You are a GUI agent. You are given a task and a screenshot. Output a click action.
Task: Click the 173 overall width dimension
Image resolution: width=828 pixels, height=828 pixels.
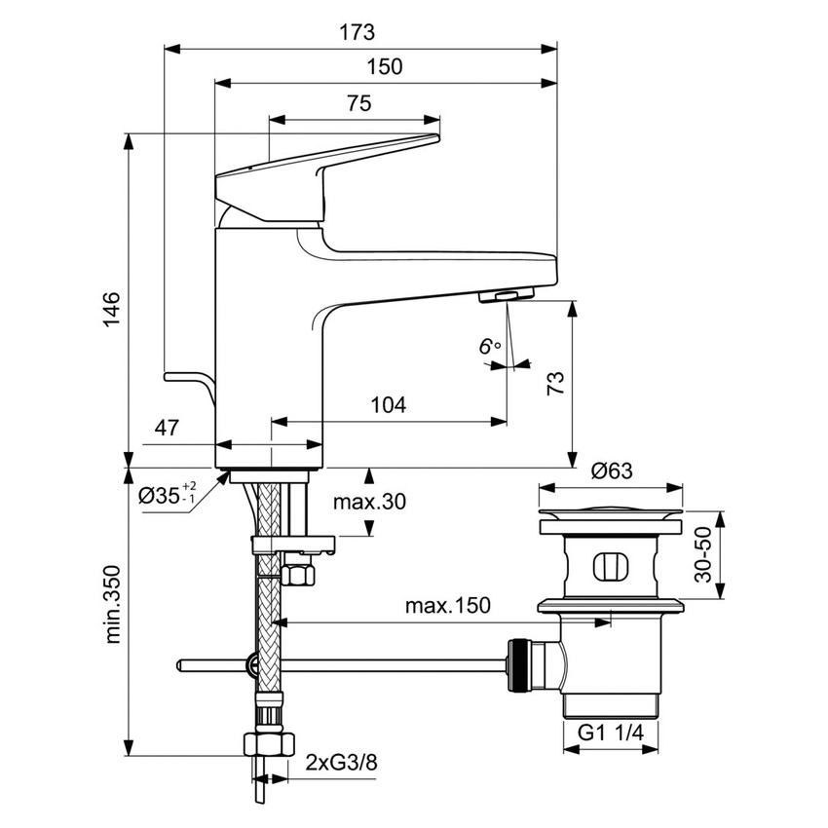(357, 32)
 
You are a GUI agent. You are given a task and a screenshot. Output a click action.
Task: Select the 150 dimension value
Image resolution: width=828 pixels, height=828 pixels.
(385, 67)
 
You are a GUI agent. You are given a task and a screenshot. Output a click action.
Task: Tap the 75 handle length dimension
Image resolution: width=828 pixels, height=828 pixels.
(358, 104)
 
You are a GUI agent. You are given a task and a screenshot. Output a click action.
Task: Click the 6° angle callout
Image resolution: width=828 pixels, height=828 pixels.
(489, 347)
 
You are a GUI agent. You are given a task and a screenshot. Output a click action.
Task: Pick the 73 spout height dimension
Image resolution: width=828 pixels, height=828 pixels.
(555, 384)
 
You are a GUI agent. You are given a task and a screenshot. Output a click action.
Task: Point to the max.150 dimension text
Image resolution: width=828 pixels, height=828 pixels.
(448, 606)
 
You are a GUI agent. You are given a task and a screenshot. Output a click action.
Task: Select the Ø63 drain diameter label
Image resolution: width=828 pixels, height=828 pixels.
(612, 471)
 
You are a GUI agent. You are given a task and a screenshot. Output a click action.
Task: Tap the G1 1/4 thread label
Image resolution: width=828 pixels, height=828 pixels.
(612, 732)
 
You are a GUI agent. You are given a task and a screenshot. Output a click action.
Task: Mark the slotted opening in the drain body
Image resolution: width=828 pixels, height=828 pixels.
(611, 565)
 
